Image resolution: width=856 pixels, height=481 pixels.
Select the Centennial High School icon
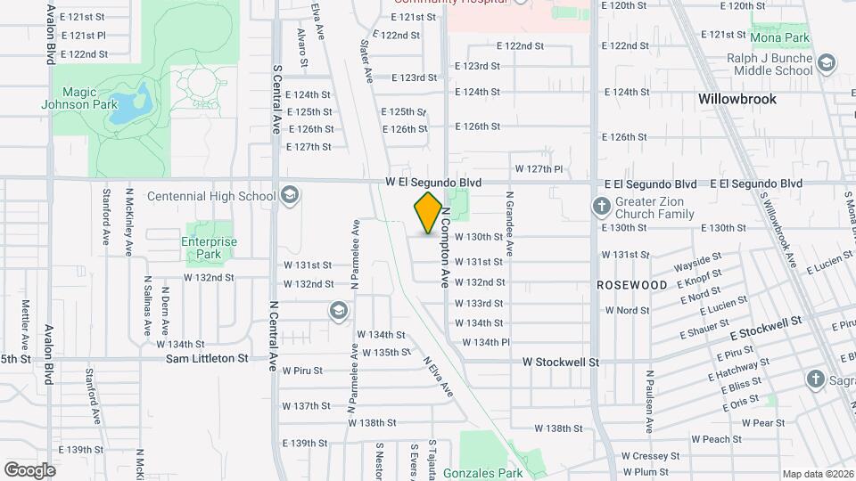tap(289, 195)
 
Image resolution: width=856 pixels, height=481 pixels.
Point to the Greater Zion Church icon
tap(601, 207)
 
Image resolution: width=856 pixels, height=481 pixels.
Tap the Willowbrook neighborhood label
tap(737, 99)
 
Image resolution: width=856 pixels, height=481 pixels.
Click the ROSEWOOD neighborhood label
tap(632, 285)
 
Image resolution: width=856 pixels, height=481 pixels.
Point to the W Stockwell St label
tap(561, 363)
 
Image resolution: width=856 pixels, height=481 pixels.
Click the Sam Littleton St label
tap(207, 358)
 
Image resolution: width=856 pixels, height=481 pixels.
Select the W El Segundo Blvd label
tap(433, 183)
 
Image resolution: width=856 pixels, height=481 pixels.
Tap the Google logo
tap(29, 469)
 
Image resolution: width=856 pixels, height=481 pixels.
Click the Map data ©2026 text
tap(817, 474)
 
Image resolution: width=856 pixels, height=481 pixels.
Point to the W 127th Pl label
tap(539, 168)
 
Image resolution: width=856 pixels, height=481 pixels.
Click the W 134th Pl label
tap(485, 342)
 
